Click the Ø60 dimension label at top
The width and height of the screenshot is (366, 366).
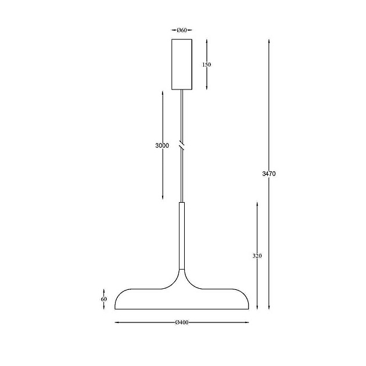(182, 30)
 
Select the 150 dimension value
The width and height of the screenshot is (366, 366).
(207, 64)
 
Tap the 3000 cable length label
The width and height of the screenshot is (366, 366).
(162, 145)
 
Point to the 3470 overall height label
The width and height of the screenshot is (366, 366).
(269, 174)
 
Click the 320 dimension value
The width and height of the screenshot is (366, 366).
(257, 256)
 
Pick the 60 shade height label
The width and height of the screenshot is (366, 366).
(104, 299)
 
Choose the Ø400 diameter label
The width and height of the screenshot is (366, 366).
(182, 322)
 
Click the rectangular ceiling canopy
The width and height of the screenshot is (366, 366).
(182, 64)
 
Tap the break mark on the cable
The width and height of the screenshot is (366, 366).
(182, 145)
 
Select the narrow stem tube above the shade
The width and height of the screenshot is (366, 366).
(182, 236)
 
